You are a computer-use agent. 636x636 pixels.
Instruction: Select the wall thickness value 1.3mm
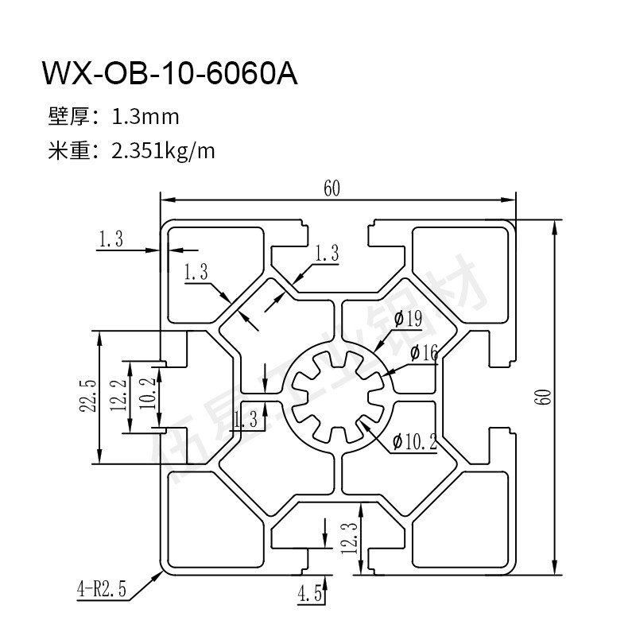coord(145,118)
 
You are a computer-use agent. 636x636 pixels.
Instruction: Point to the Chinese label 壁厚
coord(67,118)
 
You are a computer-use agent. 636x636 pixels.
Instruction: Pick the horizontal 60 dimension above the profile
coord(332,188)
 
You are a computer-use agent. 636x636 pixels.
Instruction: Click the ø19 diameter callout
coord(407,320)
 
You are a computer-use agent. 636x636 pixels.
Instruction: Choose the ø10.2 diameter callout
coord(414,442)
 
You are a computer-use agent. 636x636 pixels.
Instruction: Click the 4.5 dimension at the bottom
coord(308,592)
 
